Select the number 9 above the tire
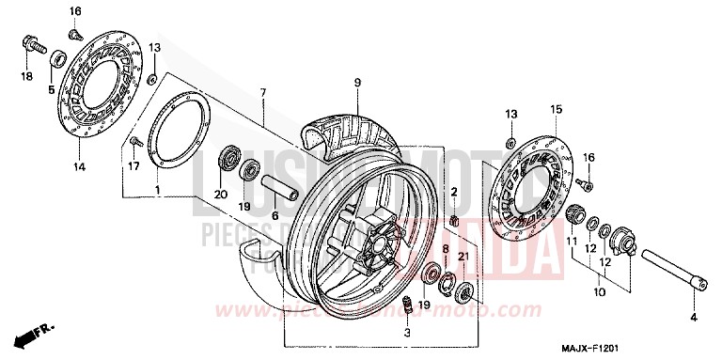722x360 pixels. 358,83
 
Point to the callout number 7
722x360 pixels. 263,92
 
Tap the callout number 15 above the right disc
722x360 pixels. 555,110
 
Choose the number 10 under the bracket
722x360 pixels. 598,293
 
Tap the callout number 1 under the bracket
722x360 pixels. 157,191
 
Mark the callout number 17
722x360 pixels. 133,166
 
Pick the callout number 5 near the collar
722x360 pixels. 53,90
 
